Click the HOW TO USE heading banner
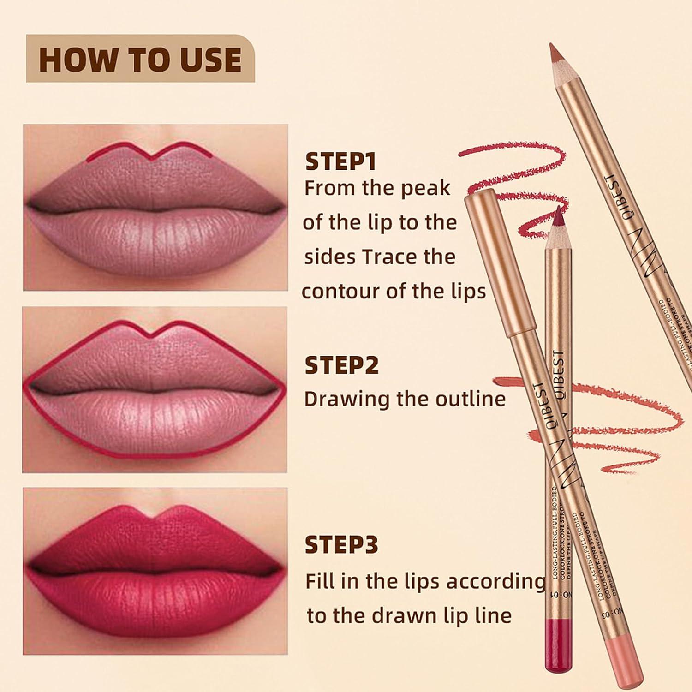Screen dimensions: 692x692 140,59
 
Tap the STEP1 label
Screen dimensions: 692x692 340,162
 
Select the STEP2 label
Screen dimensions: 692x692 341,365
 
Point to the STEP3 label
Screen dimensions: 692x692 341,545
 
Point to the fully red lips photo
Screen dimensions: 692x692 155,571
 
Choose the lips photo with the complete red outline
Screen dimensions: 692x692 155,390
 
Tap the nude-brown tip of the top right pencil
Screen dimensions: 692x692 554,53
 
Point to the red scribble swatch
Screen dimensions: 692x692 517,185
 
